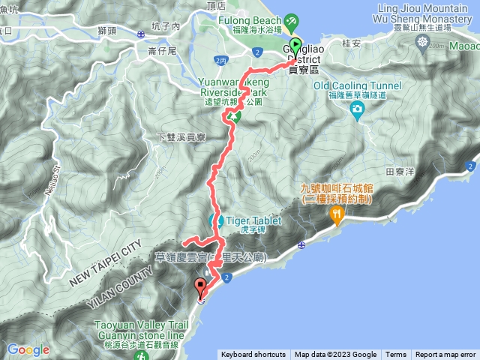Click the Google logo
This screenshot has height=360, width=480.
[x=28, y=349]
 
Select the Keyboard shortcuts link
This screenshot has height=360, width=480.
[x=253, y=355]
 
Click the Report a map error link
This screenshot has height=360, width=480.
[x=446, y=355]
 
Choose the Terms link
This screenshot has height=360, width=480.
[x=396, y=355]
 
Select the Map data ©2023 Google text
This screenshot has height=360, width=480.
[x=335, y=355]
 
